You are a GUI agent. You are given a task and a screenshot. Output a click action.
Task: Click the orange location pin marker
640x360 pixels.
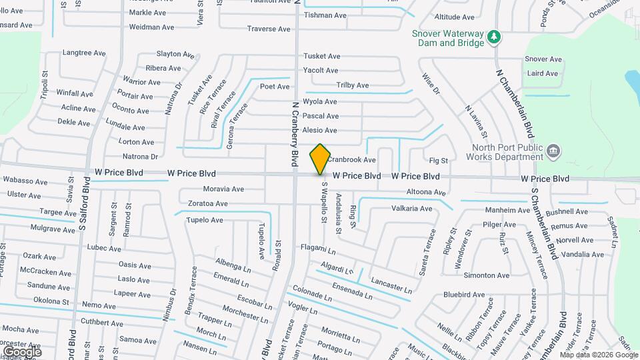pyautogui.click(x=321, y=159)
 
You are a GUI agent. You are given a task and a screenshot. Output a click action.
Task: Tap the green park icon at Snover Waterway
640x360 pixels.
pyautogui.click(x=494, y=37)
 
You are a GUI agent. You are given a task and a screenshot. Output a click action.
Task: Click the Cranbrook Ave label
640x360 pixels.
pyautogui.click(x=351, y=160)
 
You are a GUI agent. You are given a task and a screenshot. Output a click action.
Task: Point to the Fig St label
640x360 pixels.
pyautogui.click(x=439, y=161)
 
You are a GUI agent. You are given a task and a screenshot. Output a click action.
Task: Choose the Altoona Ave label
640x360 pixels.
pyautogui.click(x=426, y=193)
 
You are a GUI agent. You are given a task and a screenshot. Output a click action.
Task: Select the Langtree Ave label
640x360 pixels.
pyautogui.click(x=84, y=53)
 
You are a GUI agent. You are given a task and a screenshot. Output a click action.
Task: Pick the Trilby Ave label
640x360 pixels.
pyautogui.click(x=353, y=85)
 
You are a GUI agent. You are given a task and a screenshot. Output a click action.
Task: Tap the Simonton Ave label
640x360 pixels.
pyautogui.click(x=487, y=275)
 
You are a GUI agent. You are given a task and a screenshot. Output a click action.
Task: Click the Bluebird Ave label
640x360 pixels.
pyautogui.click(x=464, y=294)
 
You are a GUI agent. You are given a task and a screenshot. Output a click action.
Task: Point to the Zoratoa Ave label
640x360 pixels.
pyautogui.click(x=207, y=203)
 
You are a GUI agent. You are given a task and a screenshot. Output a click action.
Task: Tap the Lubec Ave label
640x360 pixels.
pyautogui.click(x=104, y=248)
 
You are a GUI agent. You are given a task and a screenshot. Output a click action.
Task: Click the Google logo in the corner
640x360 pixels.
pyautogui.click(x=22, y=351)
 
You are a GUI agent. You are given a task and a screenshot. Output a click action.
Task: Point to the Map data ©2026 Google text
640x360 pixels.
pyautogui.click(x=598, y=355)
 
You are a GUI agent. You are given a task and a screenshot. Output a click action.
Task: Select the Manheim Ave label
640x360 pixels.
pyautogui.click(x=507, y=211)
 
